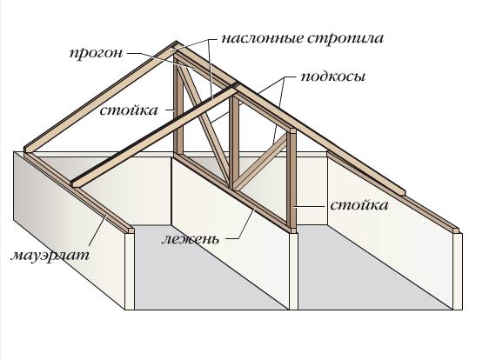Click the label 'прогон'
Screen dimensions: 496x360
click(96, 53)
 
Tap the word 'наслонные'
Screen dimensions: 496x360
click(263, 38)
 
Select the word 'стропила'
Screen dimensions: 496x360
click(345, 38)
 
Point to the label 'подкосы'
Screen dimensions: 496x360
click(332, 77)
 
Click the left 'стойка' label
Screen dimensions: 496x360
click(129, 110)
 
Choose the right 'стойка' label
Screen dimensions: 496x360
click(359, 205)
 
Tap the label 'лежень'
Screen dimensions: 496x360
click(190, 239)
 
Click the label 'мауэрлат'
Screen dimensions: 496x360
click(50, 255)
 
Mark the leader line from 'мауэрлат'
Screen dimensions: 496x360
click(97, 230)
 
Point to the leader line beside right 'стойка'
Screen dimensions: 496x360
click(310, 206)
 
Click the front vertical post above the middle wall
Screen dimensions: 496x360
click(293, 180)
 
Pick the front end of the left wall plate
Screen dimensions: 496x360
click(131, 230)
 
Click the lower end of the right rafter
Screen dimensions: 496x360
click(402, 192)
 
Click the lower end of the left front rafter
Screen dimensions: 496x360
click(76, 183)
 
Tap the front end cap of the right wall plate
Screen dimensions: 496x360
click(457, 230)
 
